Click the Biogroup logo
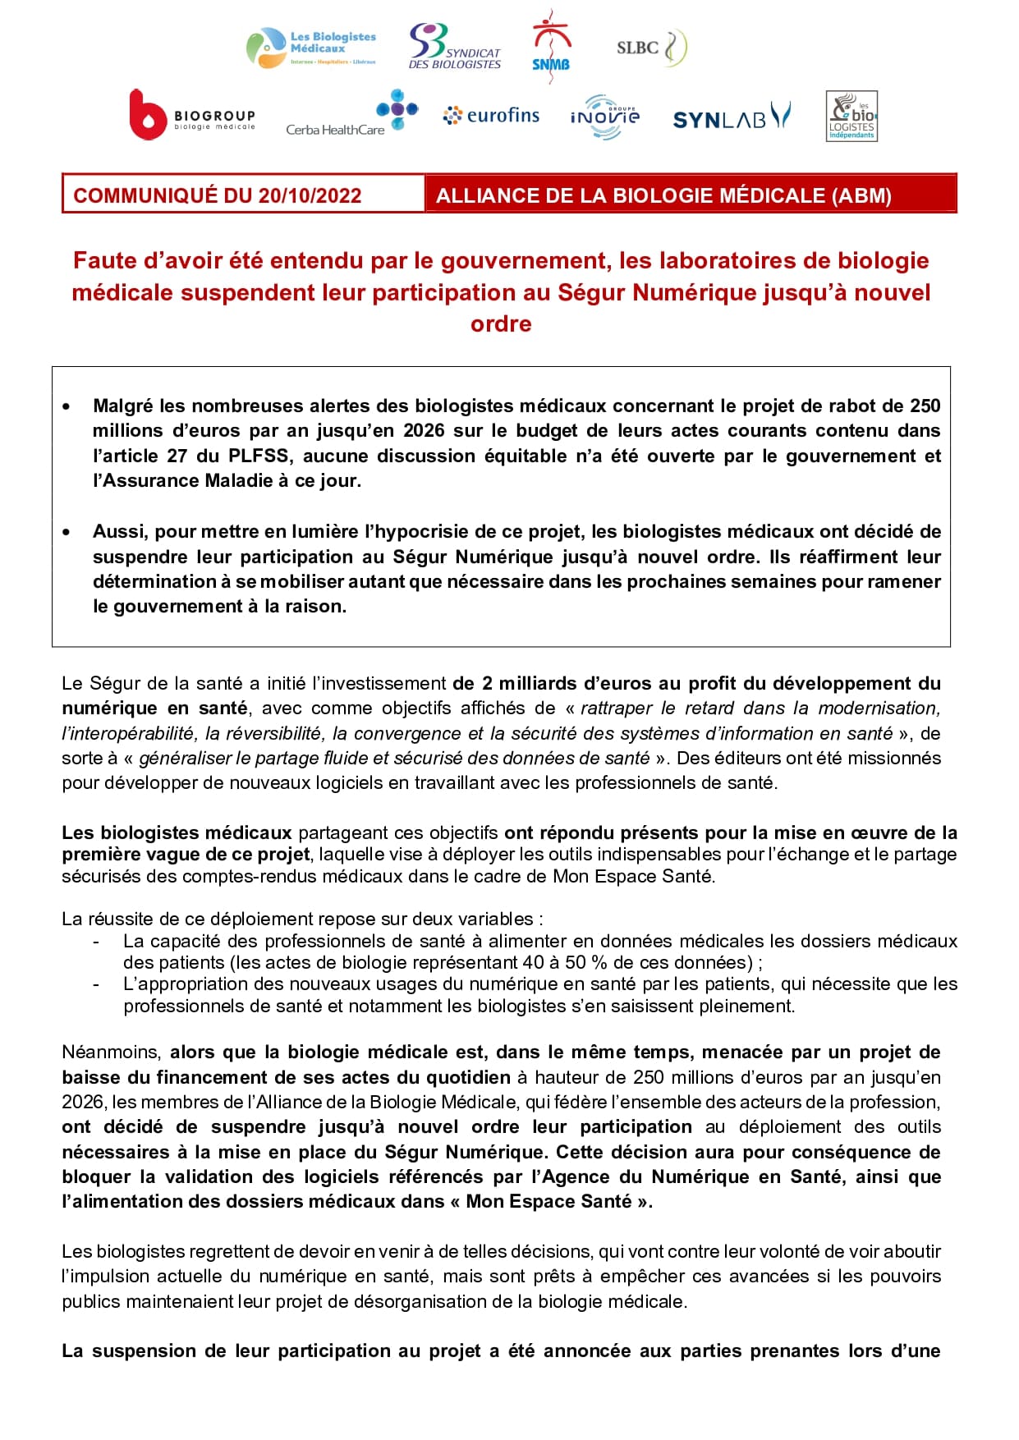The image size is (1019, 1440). pos(193,115)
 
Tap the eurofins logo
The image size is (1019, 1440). pos(491,116)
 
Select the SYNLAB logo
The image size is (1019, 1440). pos(731,117)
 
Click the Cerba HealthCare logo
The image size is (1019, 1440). pos(351,116)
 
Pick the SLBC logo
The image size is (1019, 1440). pos(651,48)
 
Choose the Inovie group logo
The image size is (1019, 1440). pos(605,117)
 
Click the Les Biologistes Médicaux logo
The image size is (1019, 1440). pos(312,48)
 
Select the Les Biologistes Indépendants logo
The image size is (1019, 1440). pos(851,117)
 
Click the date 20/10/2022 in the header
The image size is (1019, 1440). pos(310,195)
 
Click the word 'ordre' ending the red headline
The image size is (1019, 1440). pos(501,323)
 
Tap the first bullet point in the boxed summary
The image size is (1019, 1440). pos(67,406)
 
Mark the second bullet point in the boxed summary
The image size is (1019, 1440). pos(67,532)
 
